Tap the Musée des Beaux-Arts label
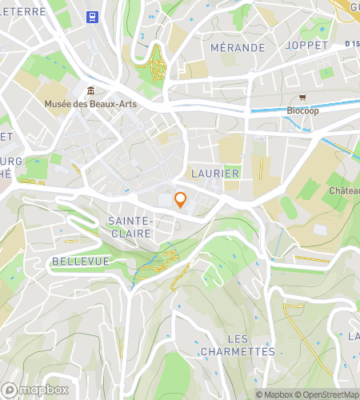pos(83,103)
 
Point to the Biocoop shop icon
pos(302,98)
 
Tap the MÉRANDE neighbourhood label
pos(237,48)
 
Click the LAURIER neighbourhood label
pos(215,174)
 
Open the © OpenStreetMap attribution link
pos(328,394)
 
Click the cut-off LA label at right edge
pos(353,336)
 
